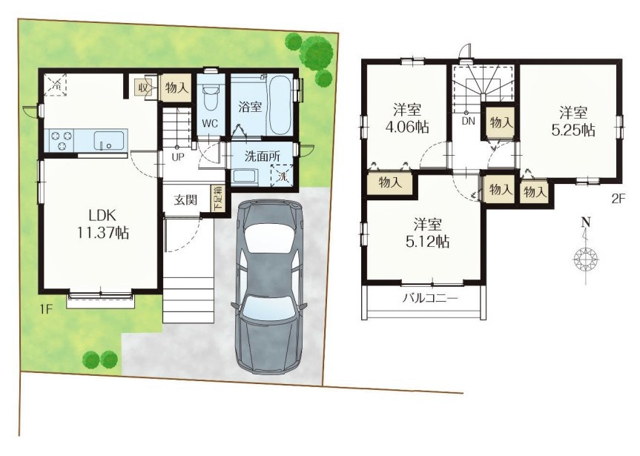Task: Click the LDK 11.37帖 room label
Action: (104, 224)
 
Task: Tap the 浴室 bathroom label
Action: (250, 107)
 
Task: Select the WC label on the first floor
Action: (210, 123)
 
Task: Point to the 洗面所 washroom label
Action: (263, 156)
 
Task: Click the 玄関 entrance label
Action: (185, 200)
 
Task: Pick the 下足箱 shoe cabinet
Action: (218, 199)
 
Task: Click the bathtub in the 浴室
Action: (280, 105)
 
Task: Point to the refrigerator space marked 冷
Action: (56, 85)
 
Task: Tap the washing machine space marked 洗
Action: (282, 176)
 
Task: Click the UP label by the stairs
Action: (177, 156)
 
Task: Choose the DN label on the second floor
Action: (469, 121)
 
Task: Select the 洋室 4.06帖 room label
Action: (407, 119)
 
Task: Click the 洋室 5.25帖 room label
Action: (573, 121)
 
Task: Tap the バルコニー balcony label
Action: (431, 298)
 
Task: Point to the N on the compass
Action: (587, 222)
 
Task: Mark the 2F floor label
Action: (618, 199)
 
